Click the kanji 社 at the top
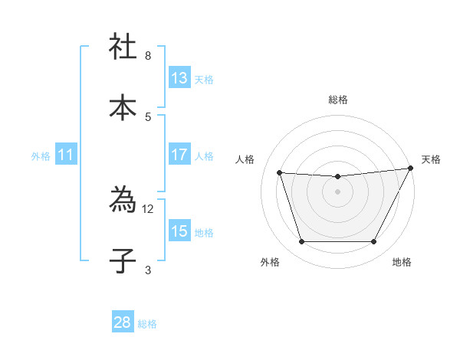click(x=123, y=47)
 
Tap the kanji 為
click(x=123, y=200)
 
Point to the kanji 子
click(x=123, y=260)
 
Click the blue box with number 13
click(x=179, y=78)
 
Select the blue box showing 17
click(x=179, y=155)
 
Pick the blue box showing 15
click(x=179, y=231)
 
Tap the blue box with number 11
click(x=66, y=155)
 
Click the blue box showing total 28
click(x=123, y=322)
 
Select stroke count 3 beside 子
click(x=147, y=269)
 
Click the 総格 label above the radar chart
click(x=337, y=100)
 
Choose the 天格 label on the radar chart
click(x=431, y=159)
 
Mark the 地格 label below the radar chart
click(x=402, y=262)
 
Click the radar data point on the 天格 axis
click(x=412, y=169)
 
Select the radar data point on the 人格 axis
click(x=280, y=173)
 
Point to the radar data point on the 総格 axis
click(x=337, y=177)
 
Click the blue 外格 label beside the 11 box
click(x=41, y=155)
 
